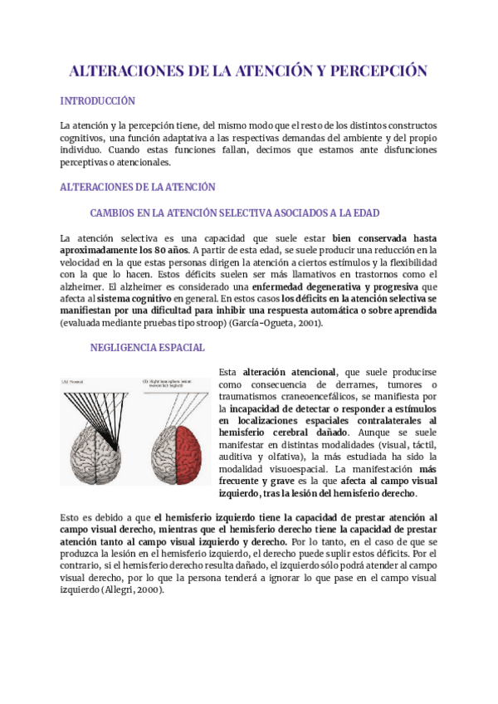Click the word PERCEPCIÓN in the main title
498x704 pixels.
[x=378, y=71]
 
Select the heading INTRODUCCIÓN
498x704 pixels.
[x=97, y=101]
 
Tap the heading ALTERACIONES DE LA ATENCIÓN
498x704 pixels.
[x=138, y=188]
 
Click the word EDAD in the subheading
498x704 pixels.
[x=363, y=213]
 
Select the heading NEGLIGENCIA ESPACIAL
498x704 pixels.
[x=147, y=348]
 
